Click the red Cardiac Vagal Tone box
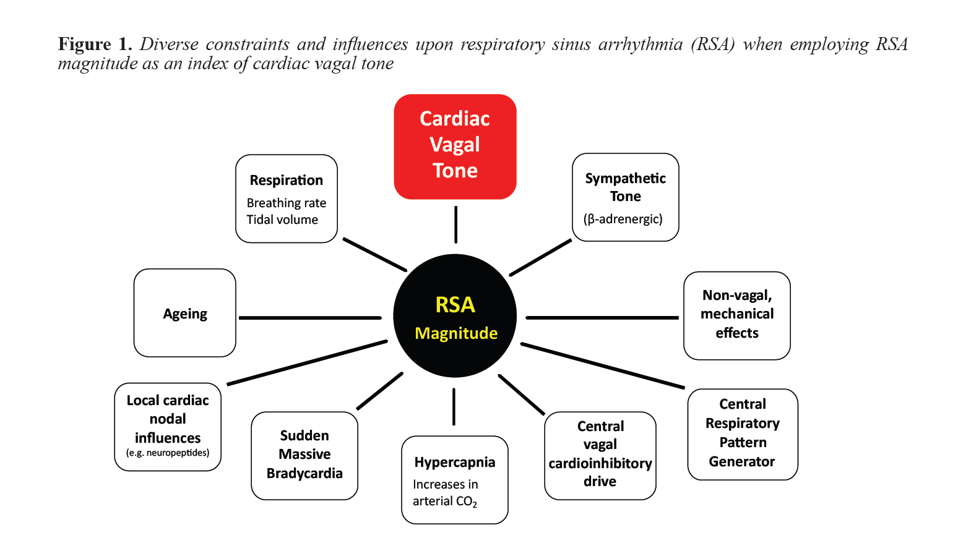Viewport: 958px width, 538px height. pos(455,146)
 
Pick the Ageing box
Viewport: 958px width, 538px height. pos(184,313)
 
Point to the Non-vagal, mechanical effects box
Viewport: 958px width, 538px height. pos(736,315)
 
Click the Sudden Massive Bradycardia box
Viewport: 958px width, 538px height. pos(304,455)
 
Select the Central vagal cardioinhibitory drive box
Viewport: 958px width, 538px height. pos(600,455)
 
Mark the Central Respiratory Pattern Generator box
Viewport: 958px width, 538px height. pos(742,433)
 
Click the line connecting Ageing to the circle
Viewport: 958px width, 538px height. pos(309,318)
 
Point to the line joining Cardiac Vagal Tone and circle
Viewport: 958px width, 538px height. pos(455,224)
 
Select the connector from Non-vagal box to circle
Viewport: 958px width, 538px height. pos(602,318)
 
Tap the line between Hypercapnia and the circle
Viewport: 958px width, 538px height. pos(454,406)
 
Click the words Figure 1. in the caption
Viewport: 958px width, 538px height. pos(95,44)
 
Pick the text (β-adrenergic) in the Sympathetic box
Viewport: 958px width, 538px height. pos(623,219)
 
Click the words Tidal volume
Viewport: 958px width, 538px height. pos(282,220)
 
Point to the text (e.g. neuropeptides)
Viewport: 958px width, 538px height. pos(168,453)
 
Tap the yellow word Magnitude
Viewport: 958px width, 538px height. pos(456,333)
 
